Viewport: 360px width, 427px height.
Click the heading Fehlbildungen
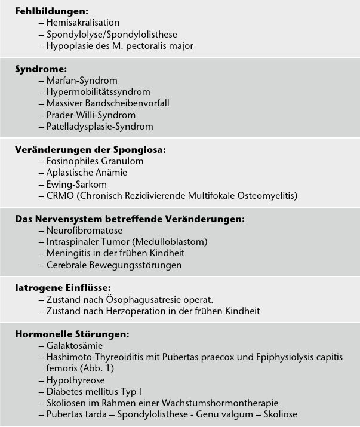point(51,11)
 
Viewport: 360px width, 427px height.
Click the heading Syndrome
point(41,69)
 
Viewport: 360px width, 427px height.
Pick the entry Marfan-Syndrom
point(82,80)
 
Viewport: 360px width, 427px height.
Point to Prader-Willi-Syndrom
point(91,115)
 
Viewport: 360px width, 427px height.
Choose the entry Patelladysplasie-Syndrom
point(100,126)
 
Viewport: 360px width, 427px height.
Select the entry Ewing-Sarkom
point(77,184)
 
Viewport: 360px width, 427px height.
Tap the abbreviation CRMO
point(59,195)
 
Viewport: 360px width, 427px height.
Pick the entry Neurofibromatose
point(84,230)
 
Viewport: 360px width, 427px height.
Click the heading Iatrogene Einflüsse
point(63,288)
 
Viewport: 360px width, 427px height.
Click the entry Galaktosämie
point(75,345)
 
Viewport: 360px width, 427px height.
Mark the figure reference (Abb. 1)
point(97,368)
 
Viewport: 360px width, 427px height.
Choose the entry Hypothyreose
point(75,380)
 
